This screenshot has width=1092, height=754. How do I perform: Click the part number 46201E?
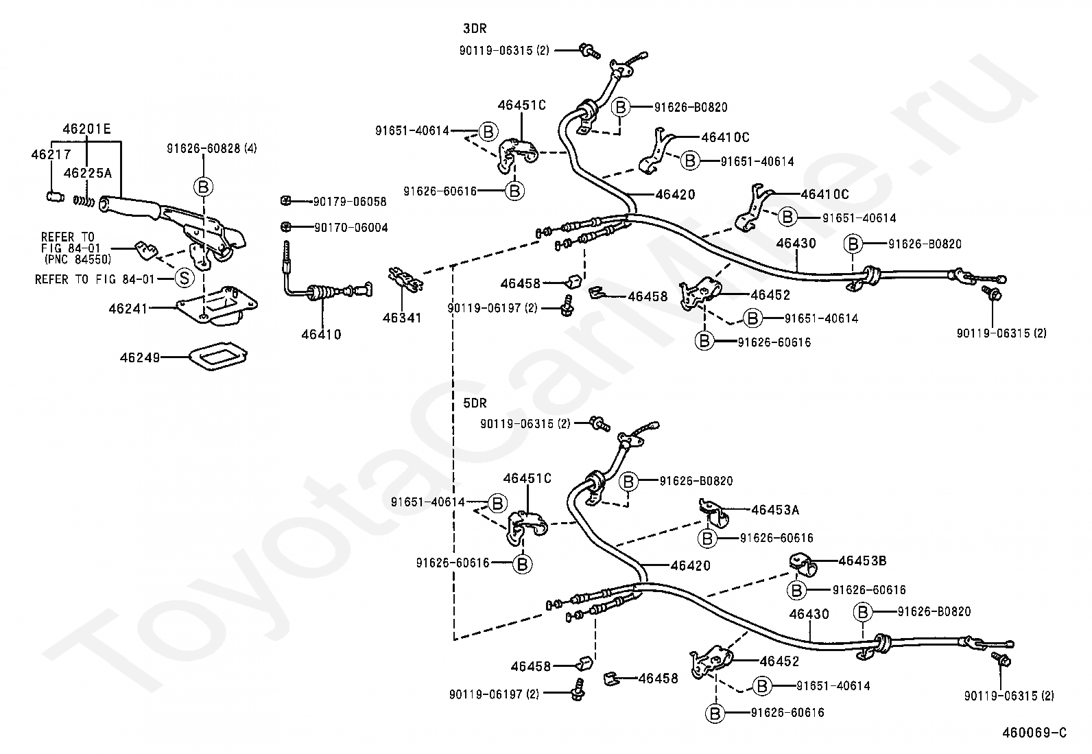click(87, 128)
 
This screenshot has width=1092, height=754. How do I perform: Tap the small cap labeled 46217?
click(51, 198)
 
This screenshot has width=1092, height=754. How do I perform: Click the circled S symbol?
click(183, 278)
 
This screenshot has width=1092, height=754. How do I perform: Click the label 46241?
click(128, 309)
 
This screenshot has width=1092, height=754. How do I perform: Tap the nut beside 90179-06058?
click(286, 201)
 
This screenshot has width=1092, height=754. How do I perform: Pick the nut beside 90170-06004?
click(286, 226)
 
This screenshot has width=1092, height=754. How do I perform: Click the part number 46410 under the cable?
click(321, 335)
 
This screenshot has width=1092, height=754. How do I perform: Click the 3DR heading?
click(475, 29)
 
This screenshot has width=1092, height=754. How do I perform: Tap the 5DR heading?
click(475, 403)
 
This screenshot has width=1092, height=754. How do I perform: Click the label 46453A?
click(775, 510)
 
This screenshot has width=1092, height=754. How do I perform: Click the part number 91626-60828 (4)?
click(212, 148)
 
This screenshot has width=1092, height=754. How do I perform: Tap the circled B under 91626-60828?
click(204, 186)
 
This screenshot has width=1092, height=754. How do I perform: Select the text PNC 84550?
click(78, 259)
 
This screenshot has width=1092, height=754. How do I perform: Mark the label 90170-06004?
click(351, 227)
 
